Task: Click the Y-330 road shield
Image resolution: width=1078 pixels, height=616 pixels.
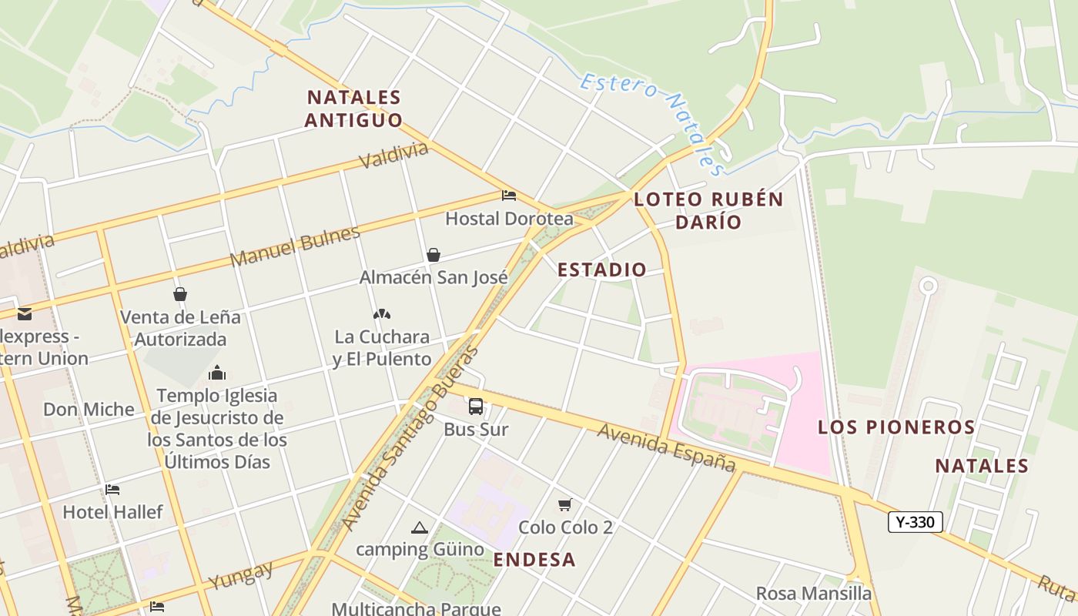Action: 915,522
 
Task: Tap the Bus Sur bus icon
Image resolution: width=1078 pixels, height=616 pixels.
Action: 476,407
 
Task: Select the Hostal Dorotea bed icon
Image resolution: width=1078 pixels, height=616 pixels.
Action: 509,196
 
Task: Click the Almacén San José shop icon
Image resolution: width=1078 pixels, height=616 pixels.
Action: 434,255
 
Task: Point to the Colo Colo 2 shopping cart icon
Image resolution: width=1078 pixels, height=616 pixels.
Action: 565,504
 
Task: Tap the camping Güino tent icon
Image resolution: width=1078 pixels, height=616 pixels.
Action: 419,527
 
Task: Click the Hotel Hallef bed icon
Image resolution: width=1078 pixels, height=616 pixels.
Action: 112,490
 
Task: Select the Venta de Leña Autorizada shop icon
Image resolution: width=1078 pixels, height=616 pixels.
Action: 180,294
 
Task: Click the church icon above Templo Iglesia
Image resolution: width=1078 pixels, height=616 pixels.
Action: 217,373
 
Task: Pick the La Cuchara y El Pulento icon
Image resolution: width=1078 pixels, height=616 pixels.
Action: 381,314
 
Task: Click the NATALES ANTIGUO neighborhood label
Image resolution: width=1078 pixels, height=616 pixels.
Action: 354,109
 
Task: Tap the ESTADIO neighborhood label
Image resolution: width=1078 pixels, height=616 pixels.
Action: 601,270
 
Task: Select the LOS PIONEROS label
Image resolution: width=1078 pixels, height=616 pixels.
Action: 896,427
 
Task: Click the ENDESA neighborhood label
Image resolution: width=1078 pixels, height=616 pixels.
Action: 534,560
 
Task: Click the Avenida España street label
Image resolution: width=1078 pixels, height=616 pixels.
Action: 666,447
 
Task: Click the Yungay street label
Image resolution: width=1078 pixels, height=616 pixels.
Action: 241,575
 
